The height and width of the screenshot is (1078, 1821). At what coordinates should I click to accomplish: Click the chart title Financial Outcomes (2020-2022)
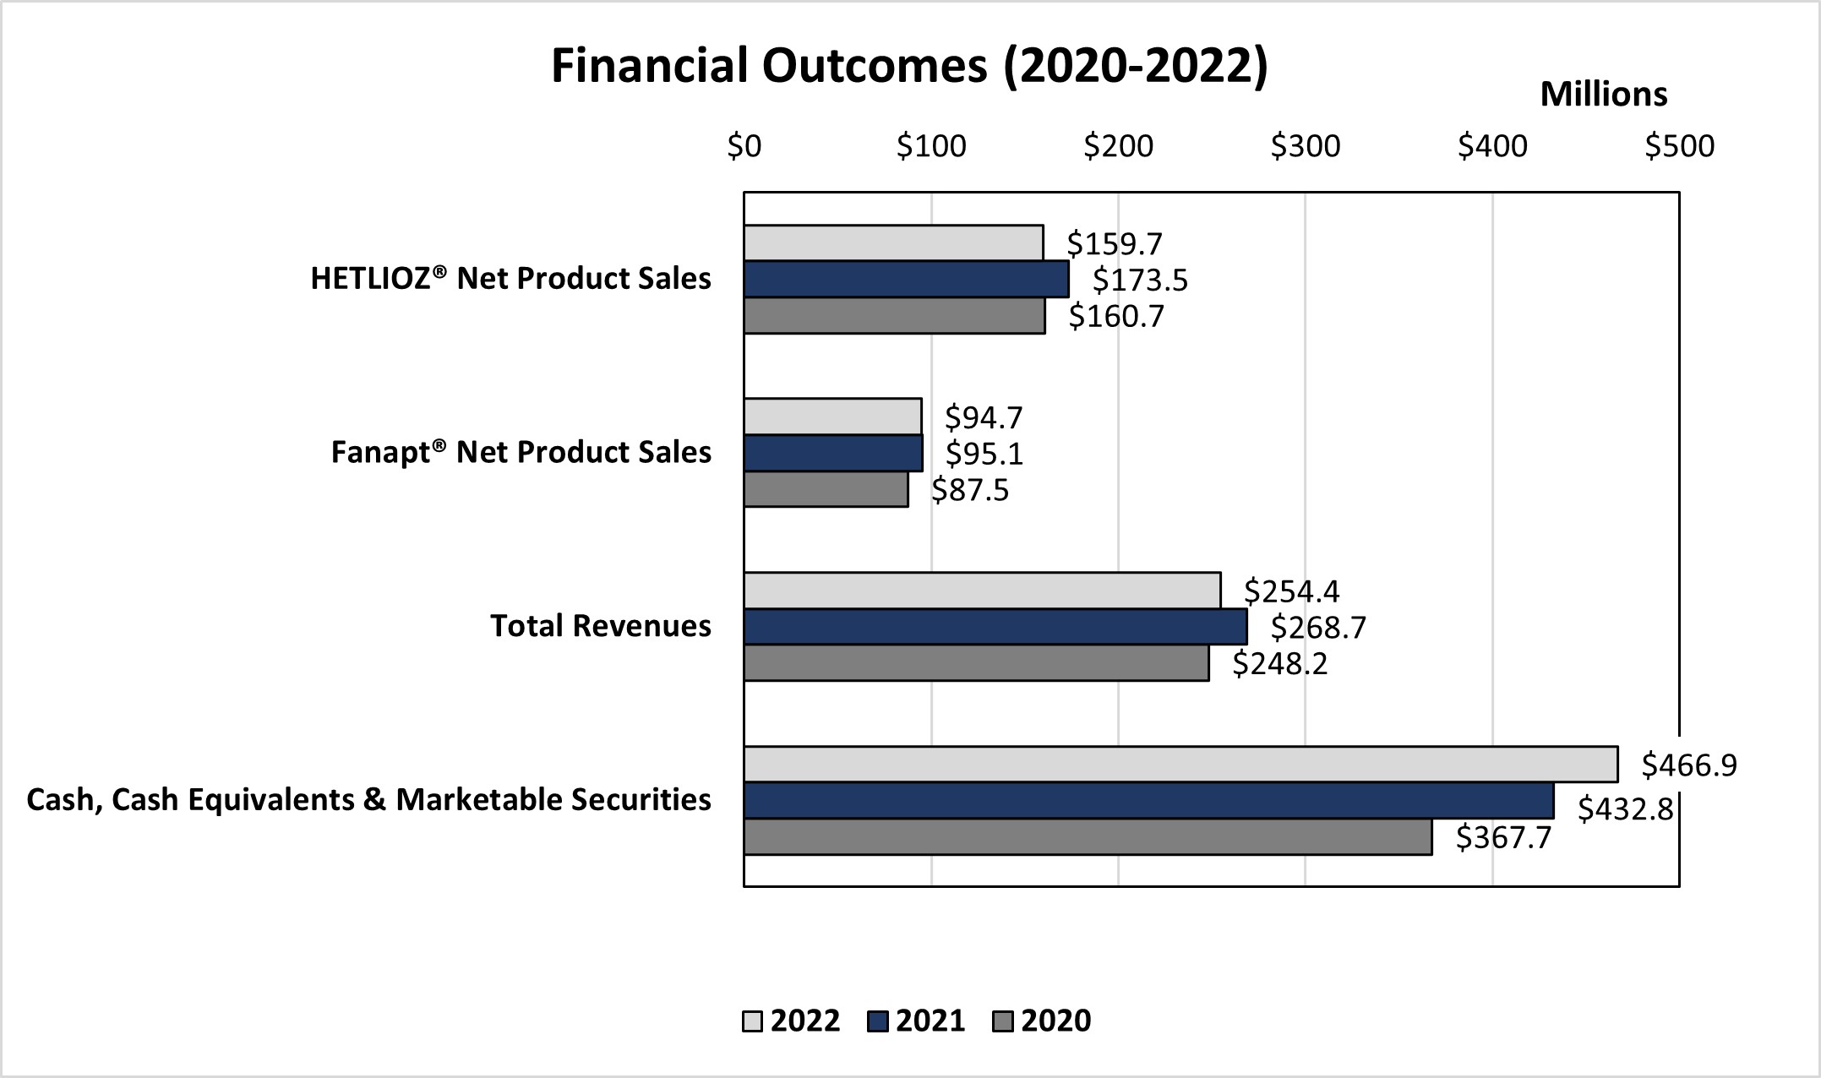(909, 66)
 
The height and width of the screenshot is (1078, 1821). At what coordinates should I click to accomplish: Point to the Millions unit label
(1603, 95)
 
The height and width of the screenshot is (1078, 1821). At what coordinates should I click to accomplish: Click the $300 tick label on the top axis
(1305, 147)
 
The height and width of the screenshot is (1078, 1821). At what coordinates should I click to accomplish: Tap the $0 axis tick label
(744, 147)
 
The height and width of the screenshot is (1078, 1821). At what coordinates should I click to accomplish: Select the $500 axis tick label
(1678, 147)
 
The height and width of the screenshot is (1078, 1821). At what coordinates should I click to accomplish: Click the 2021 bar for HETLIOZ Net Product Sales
(906, 280)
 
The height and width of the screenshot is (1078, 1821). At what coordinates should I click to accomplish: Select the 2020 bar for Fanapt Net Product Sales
(826, 489)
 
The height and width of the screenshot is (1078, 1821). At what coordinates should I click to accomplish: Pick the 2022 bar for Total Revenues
(982, 591)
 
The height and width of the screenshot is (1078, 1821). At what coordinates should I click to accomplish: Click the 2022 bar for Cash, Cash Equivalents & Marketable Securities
(1180, 765)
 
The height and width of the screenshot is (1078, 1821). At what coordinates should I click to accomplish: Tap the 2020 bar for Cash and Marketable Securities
(1088, 837)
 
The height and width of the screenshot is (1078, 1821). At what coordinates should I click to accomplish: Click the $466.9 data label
(1688, 765)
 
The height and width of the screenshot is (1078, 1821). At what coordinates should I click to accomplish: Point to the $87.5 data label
(969, 490)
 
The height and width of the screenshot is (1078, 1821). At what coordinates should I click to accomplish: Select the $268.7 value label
(1317, 628)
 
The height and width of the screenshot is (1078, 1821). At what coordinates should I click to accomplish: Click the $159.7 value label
(1114, 244)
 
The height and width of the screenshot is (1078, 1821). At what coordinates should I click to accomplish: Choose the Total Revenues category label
(600, 626)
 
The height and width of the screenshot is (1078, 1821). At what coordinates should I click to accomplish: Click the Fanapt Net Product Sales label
(521, 452)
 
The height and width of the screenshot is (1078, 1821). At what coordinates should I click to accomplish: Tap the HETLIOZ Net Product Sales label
(510, 278)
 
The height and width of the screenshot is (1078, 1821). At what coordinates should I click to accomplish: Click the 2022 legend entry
(792, 1021)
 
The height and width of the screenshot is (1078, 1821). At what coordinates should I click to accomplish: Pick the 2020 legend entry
(1042, 1021)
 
